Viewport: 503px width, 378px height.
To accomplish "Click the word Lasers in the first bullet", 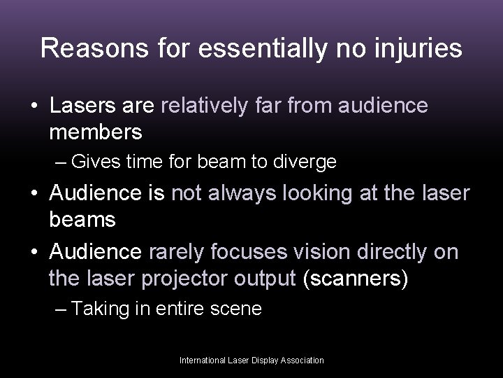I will click(x=83, y=106).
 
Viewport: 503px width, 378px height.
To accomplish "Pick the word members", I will click(x=96, y=131).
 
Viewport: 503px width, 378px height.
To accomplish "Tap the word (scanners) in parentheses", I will click(x=355, y=278).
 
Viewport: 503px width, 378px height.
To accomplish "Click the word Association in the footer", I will click(x=302, y=360).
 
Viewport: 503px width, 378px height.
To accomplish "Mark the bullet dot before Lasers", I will click(x=33, y=107).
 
